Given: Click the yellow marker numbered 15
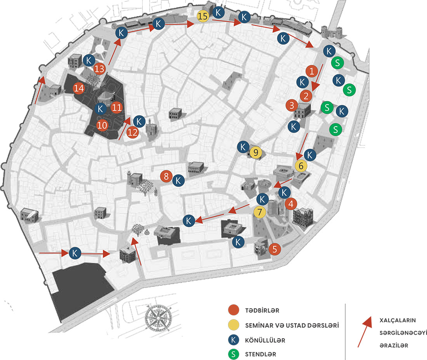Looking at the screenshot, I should (203, 17).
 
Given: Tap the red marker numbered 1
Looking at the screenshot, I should (311, 71).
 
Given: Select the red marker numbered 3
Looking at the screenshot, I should (292, 105).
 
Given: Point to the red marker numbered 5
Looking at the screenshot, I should (274, 249).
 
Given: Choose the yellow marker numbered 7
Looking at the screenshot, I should (260, 212).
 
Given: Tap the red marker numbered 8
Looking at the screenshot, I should (166, 176).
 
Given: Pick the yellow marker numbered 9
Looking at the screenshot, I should (255, 153).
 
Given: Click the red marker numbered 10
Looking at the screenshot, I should (102, 125).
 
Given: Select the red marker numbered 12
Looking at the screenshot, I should (133, 132).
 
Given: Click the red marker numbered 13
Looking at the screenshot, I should (100, 69).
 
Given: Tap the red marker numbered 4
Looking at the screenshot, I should (291, 203).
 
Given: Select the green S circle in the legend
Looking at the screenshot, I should (233, 354).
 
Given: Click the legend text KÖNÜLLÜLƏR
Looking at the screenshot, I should (265, 340).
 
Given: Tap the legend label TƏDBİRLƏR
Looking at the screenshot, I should (262, 311).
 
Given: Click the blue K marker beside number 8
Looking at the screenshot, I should (178, 180).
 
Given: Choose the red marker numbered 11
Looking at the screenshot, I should (117, 107).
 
